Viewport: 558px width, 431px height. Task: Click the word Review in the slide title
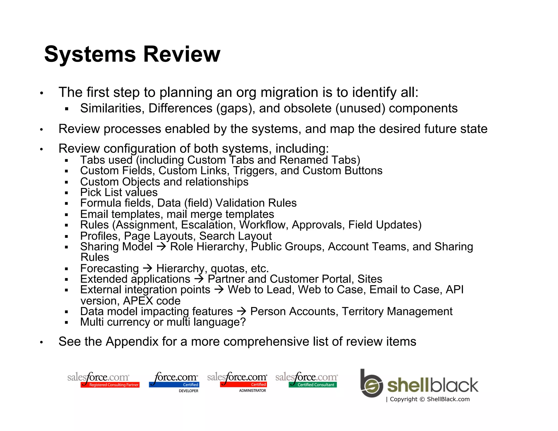(181, 54)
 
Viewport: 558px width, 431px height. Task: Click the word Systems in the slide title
(90, 54)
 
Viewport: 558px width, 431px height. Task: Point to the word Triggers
(255, 171)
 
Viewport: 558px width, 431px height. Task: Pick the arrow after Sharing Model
(162, 247)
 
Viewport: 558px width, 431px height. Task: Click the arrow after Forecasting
(148, 268)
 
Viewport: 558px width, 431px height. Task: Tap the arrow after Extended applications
(199, 279)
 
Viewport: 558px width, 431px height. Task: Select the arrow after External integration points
(219, 290)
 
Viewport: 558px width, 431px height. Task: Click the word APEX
(138, 301)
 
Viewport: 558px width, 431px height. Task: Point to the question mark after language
(243, 322)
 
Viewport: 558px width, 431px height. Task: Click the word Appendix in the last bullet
(132, 342)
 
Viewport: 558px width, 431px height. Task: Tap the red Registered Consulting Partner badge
(110, 385)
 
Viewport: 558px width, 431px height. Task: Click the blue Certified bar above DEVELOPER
(174, 385)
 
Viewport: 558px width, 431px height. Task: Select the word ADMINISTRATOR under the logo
(252, 391)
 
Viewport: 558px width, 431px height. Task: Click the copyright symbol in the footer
(422, 399)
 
